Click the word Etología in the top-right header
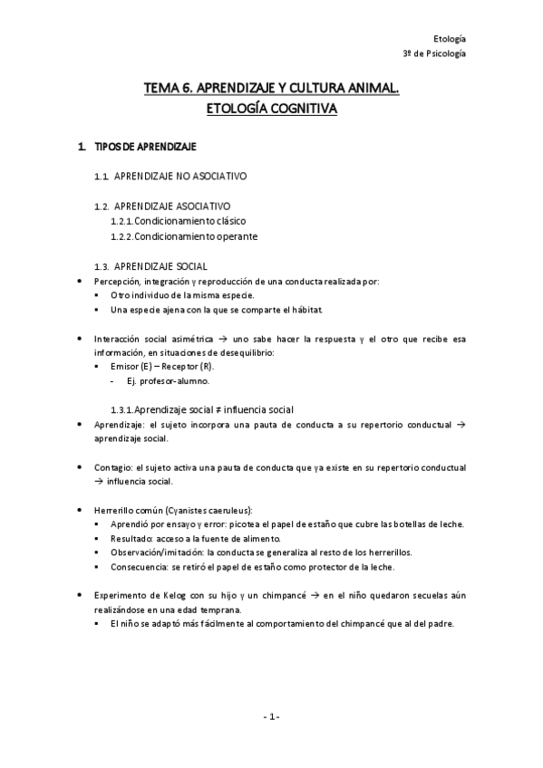pos(450,39)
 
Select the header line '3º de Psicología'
pos(434,54)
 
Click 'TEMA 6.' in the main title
pos(165,89)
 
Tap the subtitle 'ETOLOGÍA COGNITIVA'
pos(272,109)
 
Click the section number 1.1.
pos(102,175)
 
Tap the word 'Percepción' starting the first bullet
pos(114,282)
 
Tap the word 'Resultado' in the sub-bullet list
pos(130,539)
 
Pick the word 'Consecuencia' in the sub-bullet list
pos(137,567)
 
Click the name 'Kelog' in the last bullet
pos(180,595)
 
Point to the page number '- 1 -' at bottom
pos(271,717)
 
